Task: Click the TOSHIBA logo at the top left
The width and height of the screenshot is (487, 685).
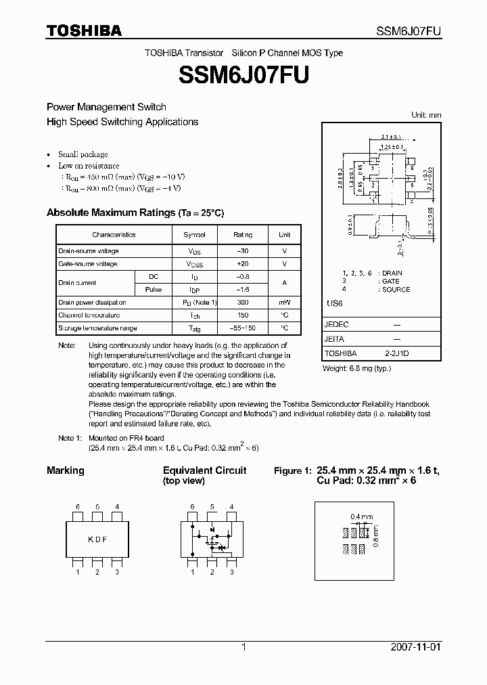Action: (x=84, y=30)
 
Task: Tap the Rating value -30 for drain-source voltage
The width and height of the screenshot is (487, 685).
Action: (x=243, y=251)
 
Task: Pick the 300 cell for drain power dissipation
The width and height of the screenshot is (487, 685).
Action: (x=243, y=303)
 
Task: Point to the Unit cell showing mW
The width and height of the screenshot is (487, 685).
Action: (x=284, y=303)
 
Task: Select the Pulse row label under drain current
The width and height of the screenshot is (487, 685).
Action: (x=154, y=290)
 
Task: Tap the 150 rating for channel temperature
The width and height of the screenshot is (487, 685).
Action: (x=243, y=315)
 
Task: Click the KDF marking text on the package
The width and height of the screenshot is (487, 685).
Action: (x=98, y=539)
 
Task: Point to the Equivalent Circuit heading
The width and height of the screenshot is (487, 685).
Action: (x=204, y=470)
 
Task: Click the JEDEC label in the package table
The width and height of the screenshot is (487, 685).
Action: (x=337, y=325)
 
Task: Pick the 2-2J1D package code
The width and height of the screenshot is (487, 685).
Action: (x=397, y=353)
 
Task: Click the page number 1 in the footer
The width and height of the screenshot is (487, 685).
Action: (x=243, y=647)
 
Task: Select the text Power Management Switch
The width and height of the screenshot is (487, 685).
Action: (x=106, y=107)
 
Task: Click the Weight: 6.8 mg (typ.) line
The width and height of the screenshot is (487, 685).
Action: (x=356, y=368)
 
